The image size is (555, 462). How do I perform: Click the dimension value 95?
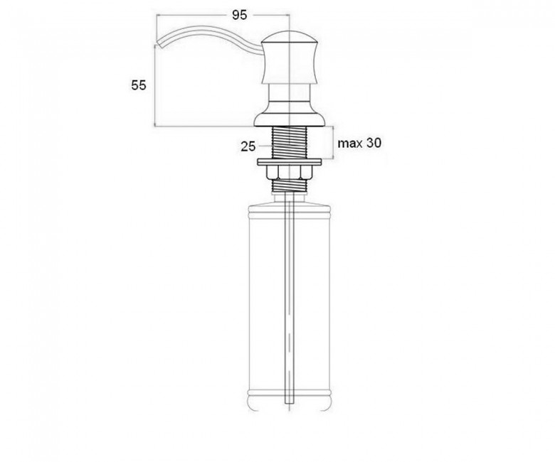tap(239, 15)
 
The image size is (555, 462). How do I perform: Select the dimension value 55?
tap(139, 85)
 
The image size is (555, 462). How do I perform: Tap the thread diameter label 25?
tap(248, 146)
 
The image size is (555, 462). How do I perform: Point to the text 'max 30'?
tap(359, 143)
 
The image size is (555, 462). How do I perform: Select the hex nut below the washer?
tap(289, 173)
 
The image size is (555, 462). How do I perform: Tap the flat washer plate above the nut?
tap(289, 162)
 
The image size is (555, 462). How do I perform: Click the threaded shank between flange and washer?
tap(289, 142)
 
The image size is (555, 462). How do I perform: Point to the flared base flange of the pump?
tap(289, 119)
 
